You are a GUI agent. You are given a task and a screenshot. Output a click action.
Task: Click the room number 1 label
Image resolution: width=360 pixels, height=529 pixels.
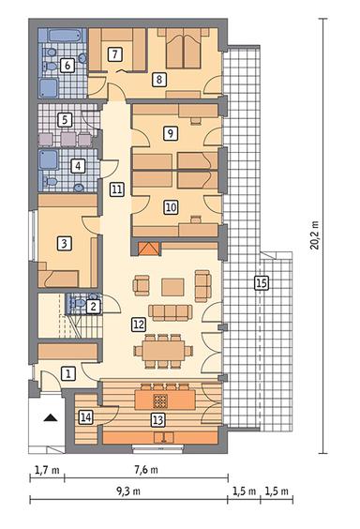tap(67, 373)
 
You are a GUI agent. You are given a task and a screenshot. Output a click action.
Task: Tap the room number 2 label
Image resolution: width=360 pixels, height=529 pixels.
tap(93, 305)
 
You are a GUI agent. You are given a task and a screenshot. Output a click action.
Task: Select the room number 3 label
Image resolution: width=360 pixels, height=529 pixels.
tap(64, 244)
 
